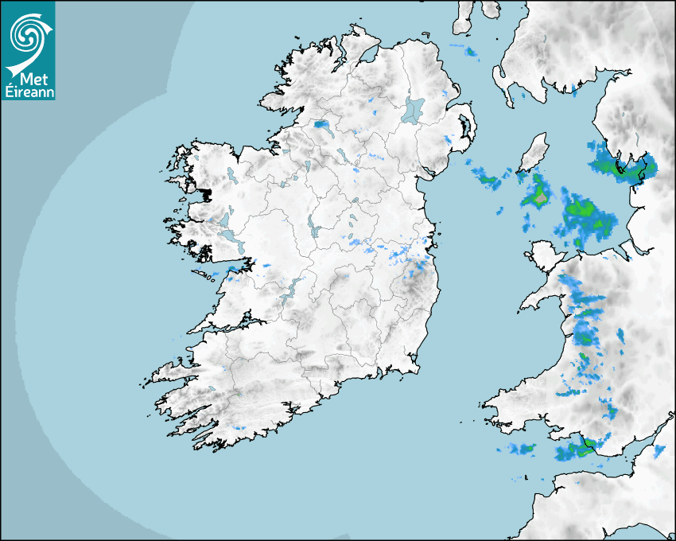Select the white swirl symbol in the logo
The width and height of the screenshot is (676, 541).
(27, 36)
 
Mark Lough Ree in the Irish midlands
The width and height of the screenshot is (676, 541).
(315, 229)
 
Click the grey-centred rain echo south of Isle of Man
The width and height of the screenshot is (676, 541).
(539, 194)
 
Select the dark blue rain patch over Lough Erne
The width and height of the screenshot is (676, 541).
(323, 125)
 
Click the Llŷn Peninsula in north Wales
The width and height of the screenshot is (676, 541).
(541, 299)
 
